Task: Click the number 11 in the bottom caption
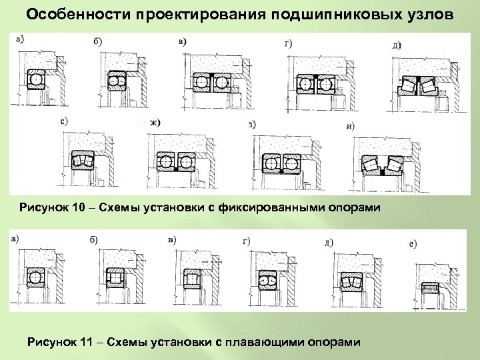[x=84, y=342]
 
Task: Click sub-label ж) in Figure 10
[x=156, y=123]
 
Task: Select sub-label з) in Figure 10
[x=252, y=124]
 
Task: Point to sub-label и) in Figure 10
[x=349, y=126]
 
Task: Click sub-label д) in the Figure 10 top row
[x=397, y=45]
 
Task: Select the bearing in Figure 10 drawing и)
[x=381, y=165]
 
